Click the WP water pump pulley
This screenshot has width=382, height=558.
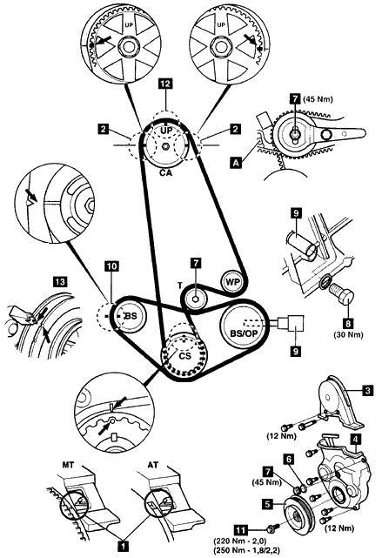[x=231, y=282]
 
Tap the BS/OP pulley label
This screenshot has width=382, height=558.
[x=244, y=333]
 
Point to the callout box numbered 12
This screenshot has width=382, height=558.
[x=165, y=84]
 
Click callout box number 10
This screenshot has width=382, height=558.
[x=111, y=266]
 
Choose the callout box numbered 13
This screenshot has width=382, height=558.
[x=60, y=282]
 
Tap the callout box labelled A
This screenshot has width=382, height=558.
[x=236, y=163]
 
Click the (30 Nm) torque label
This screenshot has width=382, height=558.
[x=348, y=335]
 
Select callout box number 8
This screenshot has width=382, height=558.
[x=348, y=323]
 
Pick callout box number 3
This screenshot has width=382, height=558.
[x=368, y=390]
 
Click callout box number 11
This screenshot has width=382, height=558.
[x=241, y=530]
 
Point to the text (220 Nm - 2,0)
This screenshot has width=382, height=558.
[x=240, y=541]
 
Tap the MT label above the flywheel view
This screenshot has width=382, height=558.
[x=69, y=465]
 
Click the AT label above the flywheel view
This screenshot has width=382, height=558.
[x=153, y=465]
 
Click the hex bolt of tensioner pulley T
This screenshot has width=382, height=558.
[x=195, y=299]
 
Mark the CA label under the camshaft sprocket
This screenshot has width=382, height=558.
[x=165, y=173]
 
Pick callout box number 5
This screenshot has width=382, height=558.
[x=268, y=503]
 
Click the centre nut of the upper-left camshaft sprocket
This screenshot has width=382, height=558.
[x=127, y=46]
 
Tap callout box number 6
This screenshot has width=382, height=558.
[x=289, y=460]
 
